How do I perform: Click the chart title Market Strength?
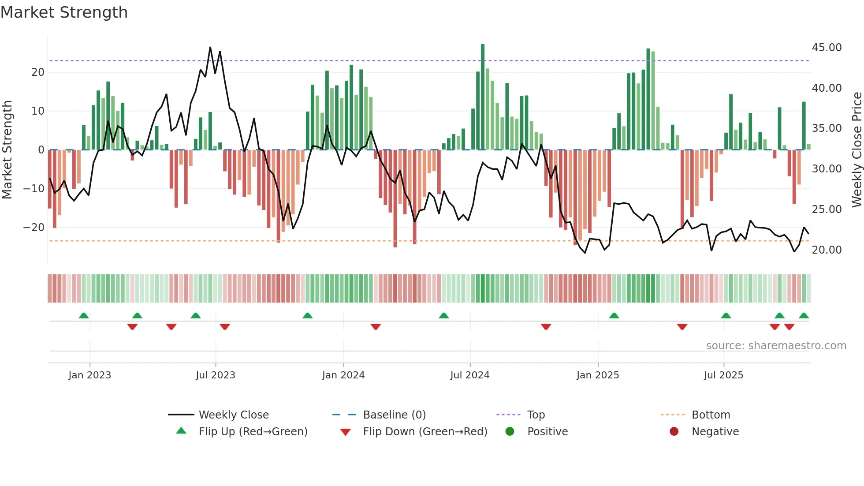(x=64, y=12)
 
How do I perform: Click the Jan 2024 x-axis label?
(x=343, y=375)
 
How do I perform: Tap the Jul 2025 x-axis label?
(x=723, y=375)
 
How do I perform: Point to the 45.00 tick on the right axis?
(x=827, y=48)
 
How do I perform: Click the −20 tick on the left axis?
(x=34, y=228)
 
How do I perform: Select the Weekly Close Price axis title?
(x=857, y=150)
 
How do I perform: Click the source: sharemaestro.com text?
(x=776, y=346)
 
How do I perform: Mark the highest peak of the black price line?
(x=210, y=47)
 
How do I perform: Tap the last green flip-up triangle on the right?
(x=804, y=316)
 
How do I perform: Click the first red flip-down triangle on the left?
(x=132, y=327)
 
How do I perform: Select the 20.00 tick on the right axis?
(x=827, y=250)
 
